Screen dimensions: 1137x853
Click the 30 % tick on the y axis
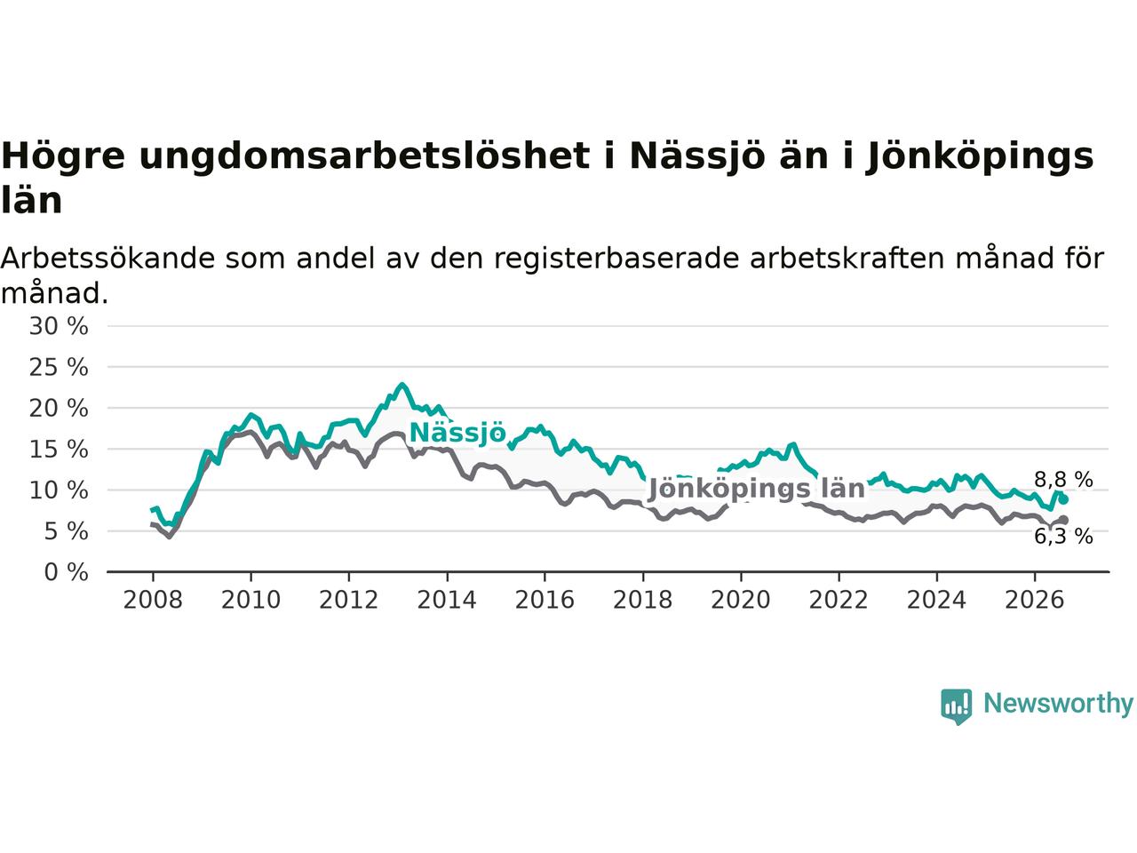(59, 326)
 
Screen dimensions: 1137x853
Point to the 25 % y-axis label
(59, 367)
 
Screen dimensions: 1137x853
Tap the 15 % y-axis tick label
(59, 449)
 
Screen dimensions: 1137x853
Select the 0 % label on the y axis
(67, 572)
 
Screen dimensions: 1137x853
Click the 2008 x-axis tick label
(153, 601)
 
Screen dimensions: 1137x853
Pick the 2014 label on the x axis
(447, 601)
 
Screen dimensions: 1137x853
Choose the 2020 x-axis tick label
(741, 601)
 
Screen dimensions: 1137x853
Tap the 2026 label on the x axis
(1035, 601)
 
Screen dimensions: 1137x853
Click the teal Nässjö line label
(457, 433)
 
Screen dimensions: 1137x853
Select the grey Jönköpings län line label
(757, 489)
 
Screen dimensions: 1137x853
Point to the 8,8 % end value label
(1063, 480)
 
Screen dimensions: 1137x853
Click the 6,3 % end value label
(1063, 537)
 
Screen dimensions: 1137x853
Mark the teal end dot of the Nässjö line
(1063, 499)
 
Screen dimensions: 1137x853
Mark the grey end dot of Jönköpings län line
(1063, 520)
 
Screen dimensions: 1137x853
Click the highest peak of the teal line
(402, 385)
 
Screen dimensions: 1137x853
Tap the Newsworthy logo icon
(956, 707)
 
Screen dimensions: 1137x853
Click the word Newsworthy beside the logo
(1058, 704)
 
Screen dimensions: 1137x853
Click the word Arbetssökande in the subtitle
(107, 259)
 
